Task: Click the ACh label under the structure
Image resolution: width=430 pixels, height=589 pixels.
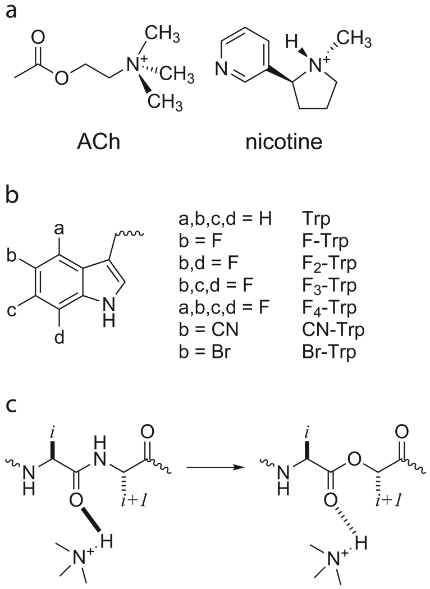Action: [x=98, y=141]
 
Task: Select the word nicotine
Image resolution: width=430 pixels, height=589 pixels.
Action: [x=284, y=141]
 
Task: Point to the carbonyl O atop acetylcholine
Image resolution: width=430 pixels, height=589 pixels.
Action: [x=38, y=37]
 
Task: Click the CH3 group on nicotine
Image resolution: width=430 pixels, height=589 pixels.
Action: [x=354, y=38]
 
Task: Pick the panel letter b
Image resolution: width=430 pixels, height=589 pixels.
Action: [x=12, y=195]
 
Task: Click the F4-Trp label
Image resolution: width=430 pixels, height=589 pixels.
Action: [x=330, y=307]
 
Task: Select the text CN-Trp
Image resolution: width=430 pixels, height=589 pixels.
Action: [x=333, y=330]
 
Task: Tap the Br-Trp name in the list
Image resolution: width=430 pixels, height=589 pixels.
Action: [x=329, y=352]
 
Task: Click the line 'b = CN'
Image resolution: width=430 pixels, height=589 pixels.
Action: [x=209, y=330]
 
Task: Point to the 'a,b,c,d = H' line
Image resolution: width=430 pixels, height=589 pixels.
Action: [x=225, y=218]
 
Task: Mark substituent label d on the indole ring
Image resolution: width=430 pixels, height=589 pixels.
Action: [x=60, y=338]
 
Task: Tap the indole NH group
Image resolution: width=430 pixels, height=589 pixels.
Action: [x=109, y=314]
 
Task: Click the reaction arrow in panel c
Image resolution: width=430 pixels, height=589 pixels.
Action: [x=214, y=467]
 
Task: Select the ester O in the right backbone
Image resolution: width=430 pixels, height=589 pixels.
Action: [x=354, y=459]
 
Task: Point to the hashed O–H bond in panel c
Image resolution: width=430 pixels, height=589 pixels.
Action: [x=345, y=519]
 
